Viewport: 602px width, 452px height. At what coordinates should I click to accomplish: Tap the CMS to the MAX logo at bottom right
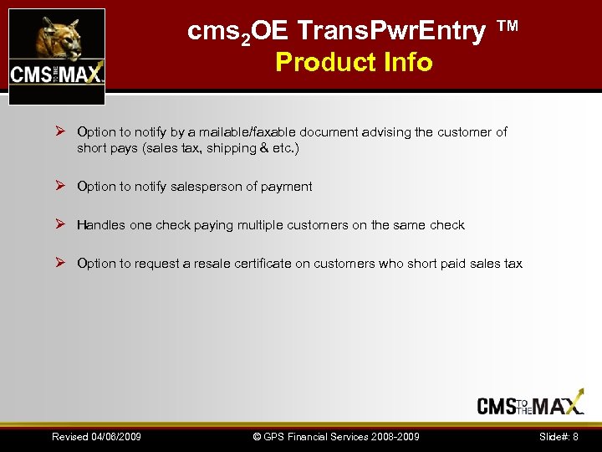point(530,405)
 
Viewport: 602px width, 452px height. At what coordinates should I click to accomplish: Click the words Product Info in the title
point(354,62)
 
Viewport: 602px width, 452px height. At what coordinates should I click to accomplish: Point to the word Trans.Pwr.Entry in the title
point(391,32)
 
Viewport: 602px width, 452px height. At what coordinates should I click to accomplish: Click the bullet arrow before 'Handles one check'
point(60,224)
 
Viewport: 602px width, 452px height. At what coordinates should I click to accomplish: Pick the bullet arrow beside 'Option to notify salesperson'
point(60,186)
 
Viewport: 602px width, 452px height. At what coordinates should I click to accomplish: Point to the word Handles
point(101,225)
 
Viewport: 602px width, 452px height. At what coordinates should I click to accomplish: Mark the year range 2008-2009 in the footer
point(393,437)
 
